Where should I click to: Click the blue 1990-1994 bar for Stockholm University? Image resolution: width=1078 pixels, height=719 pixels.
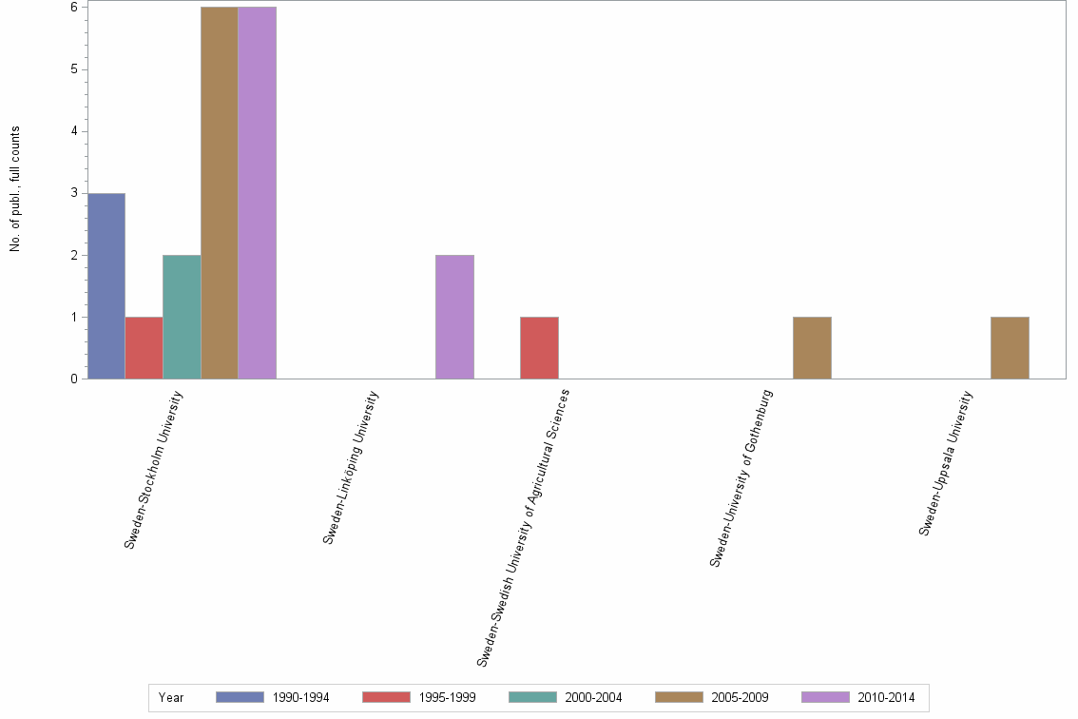tap(106, 286)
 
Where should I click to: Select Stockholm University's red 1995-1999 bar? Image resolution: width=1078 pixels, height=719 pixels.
tap(144, 348)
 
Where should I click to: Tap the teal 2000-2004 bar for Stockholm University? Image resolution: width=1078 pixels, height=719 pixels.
tap(182, 317)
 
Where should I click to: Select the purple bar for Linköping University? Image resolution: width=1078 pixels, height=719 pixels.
tap(454, 317)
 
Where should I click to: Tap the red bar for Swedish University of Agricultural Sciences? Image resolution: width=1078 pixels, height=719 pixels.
tap(539, 348)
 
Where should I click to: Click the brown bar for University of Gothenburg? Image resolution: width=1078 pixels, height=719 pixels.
tap(812, 348)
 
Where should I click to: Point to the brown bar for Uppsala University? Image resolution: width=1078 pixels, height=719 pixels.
tap(1010, 348)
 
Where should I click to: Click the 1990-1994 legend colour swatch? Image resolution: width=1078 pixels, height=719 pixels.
tap(240, 697)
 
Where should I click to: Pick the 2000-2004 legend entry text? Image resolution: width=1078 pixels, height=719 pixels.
tap(594, 698)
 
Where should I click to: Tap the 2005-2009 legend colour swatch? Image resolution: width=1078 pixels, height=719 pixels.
tap(679, 697)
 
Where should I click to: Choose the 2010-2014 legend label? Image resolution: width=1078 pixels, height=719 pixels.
tap(887, 698)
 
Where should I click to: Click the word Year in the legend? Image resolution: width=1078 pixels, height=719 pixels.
tap(171, 698)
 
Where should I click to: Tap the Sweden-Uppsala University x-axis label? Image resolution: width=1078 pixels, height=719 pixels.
tap(946, 463)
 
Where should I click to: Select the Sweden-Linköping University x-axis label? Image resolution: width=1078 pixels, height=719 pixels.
tap(351, 467)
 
